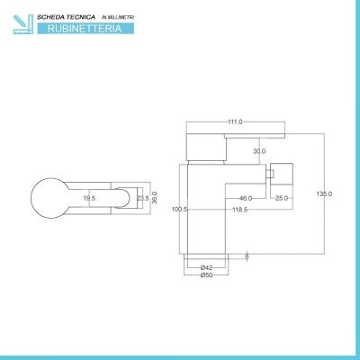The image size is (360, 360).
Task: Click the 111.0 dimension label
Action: (235, 121)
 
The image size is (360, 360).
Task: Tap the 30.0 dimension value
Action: (259, 151)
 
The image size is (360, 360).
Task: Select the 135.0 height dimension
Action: (324, 193)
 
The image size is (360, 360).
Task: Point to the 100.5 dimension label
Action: (179, 209)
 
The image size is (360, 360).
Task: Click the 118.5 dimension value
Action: (240, 210)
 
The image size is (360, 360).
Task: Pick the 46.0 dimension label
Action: (246, 198)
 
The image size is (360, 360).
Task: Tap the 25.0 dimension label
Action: (282, 198)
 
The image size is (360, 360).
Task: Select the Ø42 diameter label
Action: (206, 267)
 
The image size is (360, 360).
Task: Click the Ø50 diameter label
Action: (206, 274)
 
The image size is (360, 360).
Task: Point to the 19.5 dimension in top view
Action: (89, 198)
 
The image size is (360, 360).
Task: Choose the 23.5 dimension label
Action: (143, 198)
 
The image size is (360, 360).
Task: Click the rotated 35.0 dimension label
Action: (155, 198)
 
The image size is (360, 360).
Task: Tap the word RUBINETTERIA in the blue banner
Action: (85, 29)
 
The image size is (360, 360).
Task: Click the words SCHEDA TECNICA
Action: (66, 17)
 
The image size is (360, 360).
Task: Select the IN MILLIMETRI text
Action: (118, 17)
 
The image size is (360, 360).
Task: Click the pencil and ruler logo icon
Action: (23, 24)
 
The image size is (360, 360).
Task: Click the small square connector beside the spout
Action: (270, 174)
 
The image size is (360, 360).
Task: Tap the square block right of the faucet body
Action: (282, 174)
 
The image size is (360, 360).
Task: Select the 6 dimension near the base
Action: (247, 256)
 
